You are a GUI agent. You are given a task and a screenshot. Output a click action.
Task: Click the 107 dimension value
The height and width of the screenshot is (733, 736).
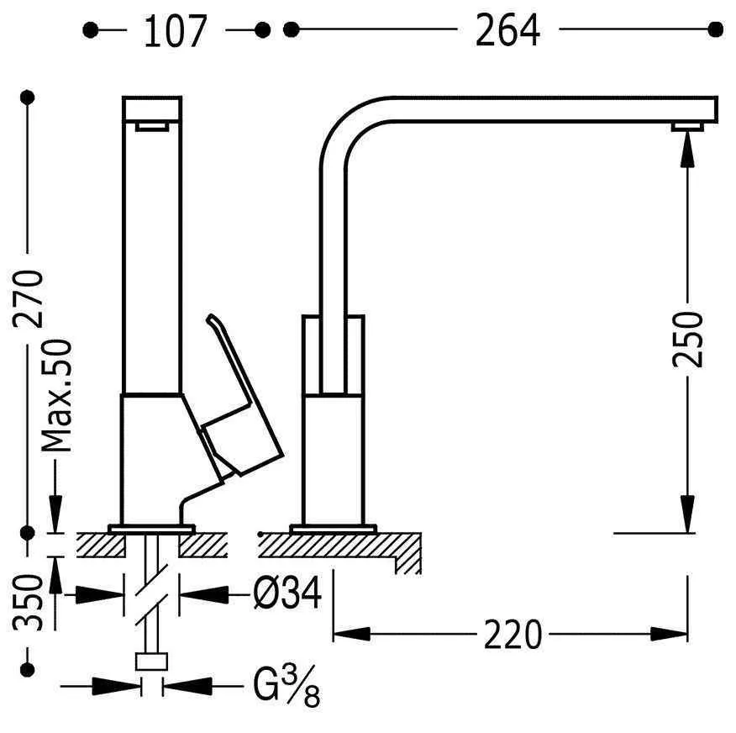pos(175,31)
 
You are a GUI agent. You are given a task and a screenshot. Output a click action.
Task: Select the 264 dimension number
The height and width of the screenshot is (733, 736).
pos(507,30)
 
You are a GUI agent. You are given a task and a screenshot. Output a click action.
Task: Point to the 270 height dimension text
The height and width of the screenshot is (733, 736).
pos(29,298)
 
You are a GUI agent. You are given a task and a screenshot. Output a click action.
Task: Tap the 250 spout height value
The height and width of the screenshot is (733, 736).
pos(687,339)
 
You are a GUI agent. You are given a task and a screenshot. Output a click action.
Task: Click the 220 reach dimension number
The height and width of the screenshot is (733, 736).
pos(513,635)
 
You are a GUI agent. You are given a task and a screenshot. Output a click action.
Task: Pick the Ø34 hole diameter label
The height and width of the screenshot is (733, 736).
pos(287,593)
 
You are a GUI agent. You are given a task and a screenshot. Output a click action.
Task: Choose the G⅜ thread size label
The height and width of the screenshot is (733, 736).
pos(287,686)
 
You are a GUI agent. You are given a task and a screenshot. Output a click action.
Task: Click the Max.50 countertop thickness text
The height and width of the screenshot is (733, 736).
pos(57,396)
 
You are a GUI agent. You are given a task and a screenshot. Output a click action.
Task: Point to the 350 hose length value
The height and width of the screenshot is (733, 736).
pos(29,603)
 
